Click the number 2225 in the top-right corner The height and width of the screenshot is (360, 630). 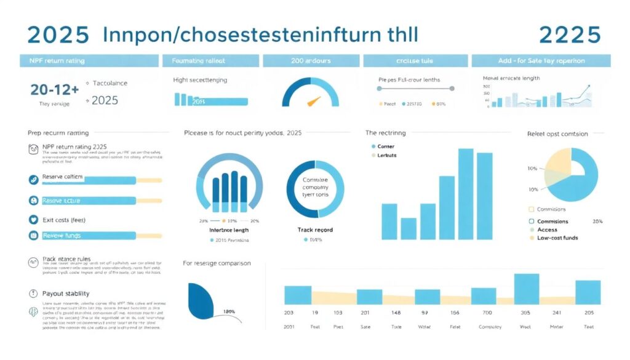[570, 34]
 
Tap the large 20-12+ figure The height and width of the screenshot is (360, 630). [54, 89]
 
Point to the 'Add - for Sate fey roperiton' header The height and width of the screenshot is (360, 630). [541, 61]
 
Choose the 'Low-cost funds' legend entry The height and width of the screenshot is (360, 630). [557, 238]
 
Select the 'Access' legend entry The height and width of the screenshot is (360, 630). [547, 230]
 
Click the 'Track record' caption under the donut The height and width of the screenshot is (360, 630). [315, 230]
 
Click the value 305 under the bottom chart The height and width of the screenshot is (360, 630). [525, 313]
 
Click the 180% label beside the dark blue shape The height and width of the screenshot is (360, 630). [229, 311]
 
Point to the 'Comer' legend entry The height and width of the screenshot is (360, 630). [385, 146]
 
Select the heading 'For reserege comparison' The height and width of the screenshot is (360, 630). [217, 263]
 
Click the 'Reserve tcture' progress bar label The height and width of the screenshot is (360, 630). [62, 201]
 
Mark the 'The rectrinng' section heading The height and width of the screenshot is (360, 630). [386, 133]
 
